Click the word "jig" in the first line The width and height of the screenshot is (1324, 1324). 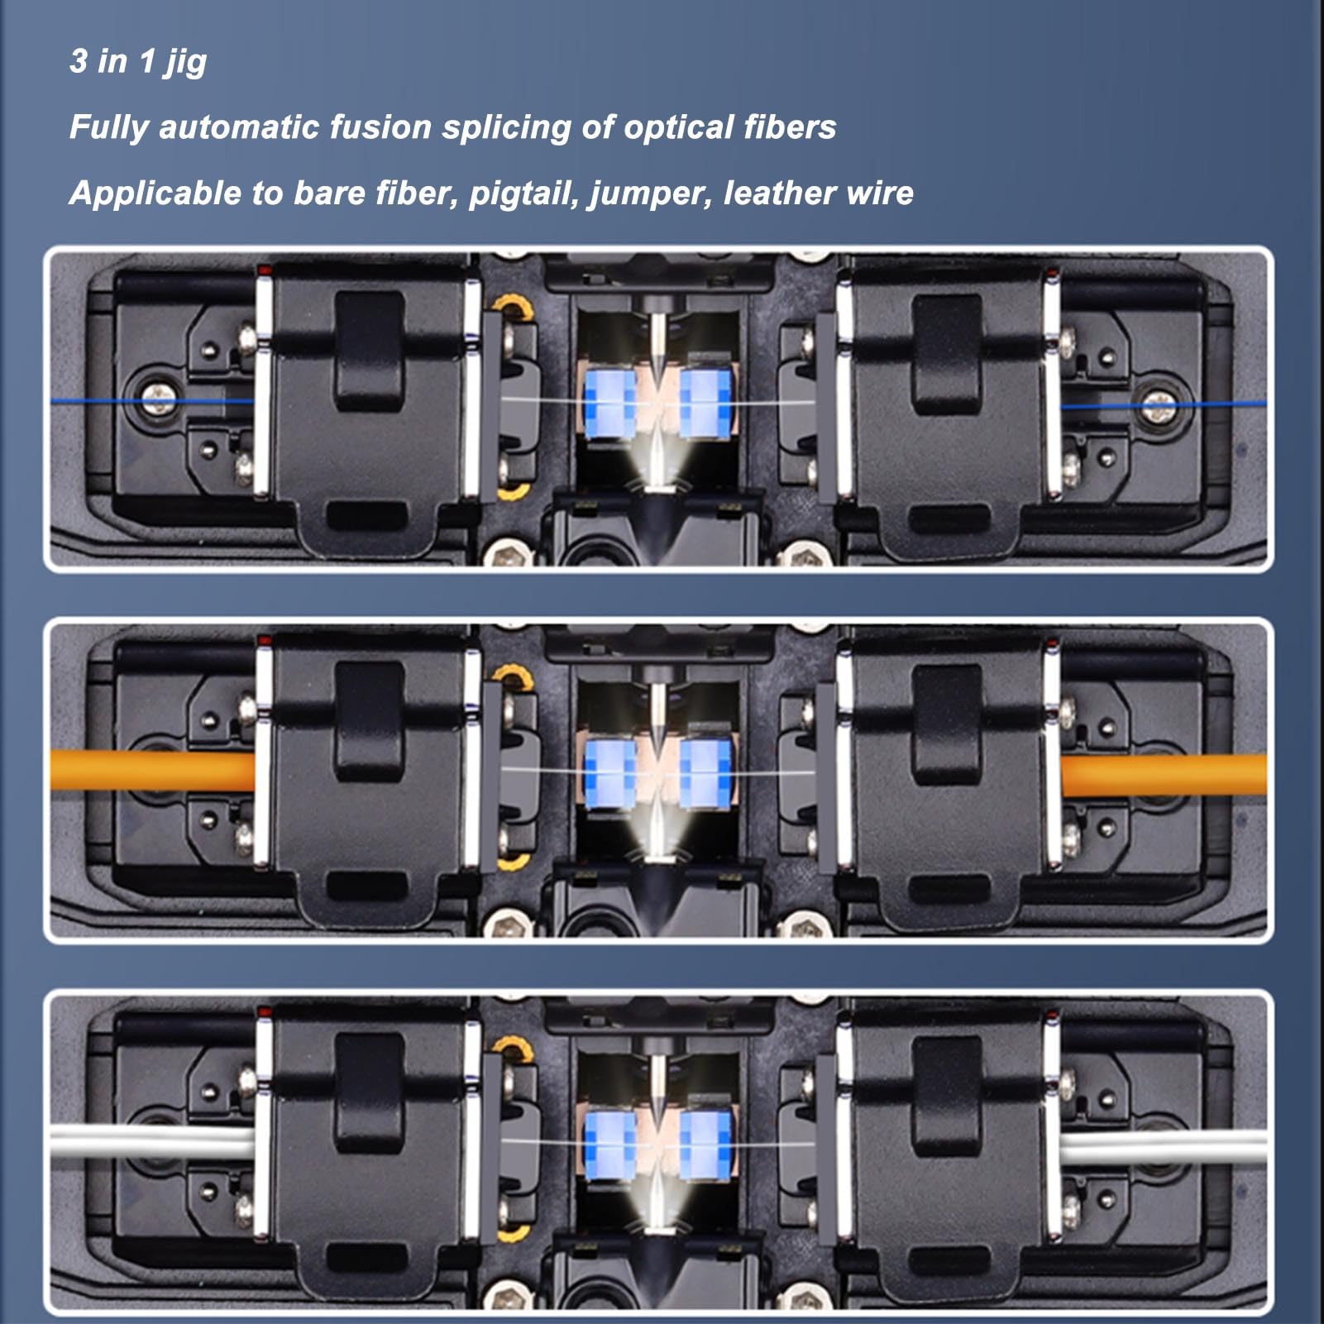185,63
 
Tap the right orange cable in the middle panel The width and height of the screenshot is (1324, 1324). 1162,775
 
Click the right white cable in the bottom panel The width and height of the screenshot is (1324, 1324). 1162,1148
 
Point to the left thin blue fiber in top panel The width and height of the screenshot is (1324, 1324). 91,401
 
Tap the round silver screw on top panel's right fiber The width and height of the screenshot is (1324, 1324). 1156,405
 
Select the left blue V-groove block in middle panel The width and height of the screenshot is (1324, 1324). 609,775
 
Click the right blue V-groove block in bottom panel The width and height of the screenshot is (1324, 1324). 705,1145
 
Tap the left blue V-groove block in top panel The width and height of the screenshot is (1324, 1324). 609,404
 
